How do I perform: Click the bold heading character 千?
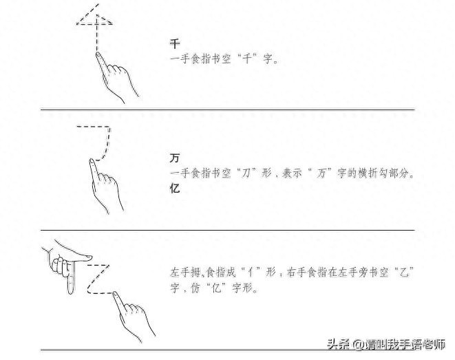pyautogui.click(x=175, y=43)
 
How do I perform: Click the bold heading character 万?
pyautogui.click(x=175, y=158)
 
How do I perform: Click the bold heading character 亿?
pyautogui.click(x=175, y=188)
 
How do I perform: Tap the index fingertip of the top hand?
pyautogui.click(x=98, y=54)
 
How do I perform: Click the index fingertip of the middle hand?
pyautogui.click(x=92, y=162)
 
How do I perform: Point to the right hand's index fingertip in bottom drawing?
pyautogui.click(x=116, y=295)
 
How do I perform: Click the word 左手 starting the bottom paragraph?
pyautogui.click(x=176, y=272)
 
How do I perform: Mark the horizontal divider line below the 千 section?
pyautogui.click(x=227, y=109)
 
